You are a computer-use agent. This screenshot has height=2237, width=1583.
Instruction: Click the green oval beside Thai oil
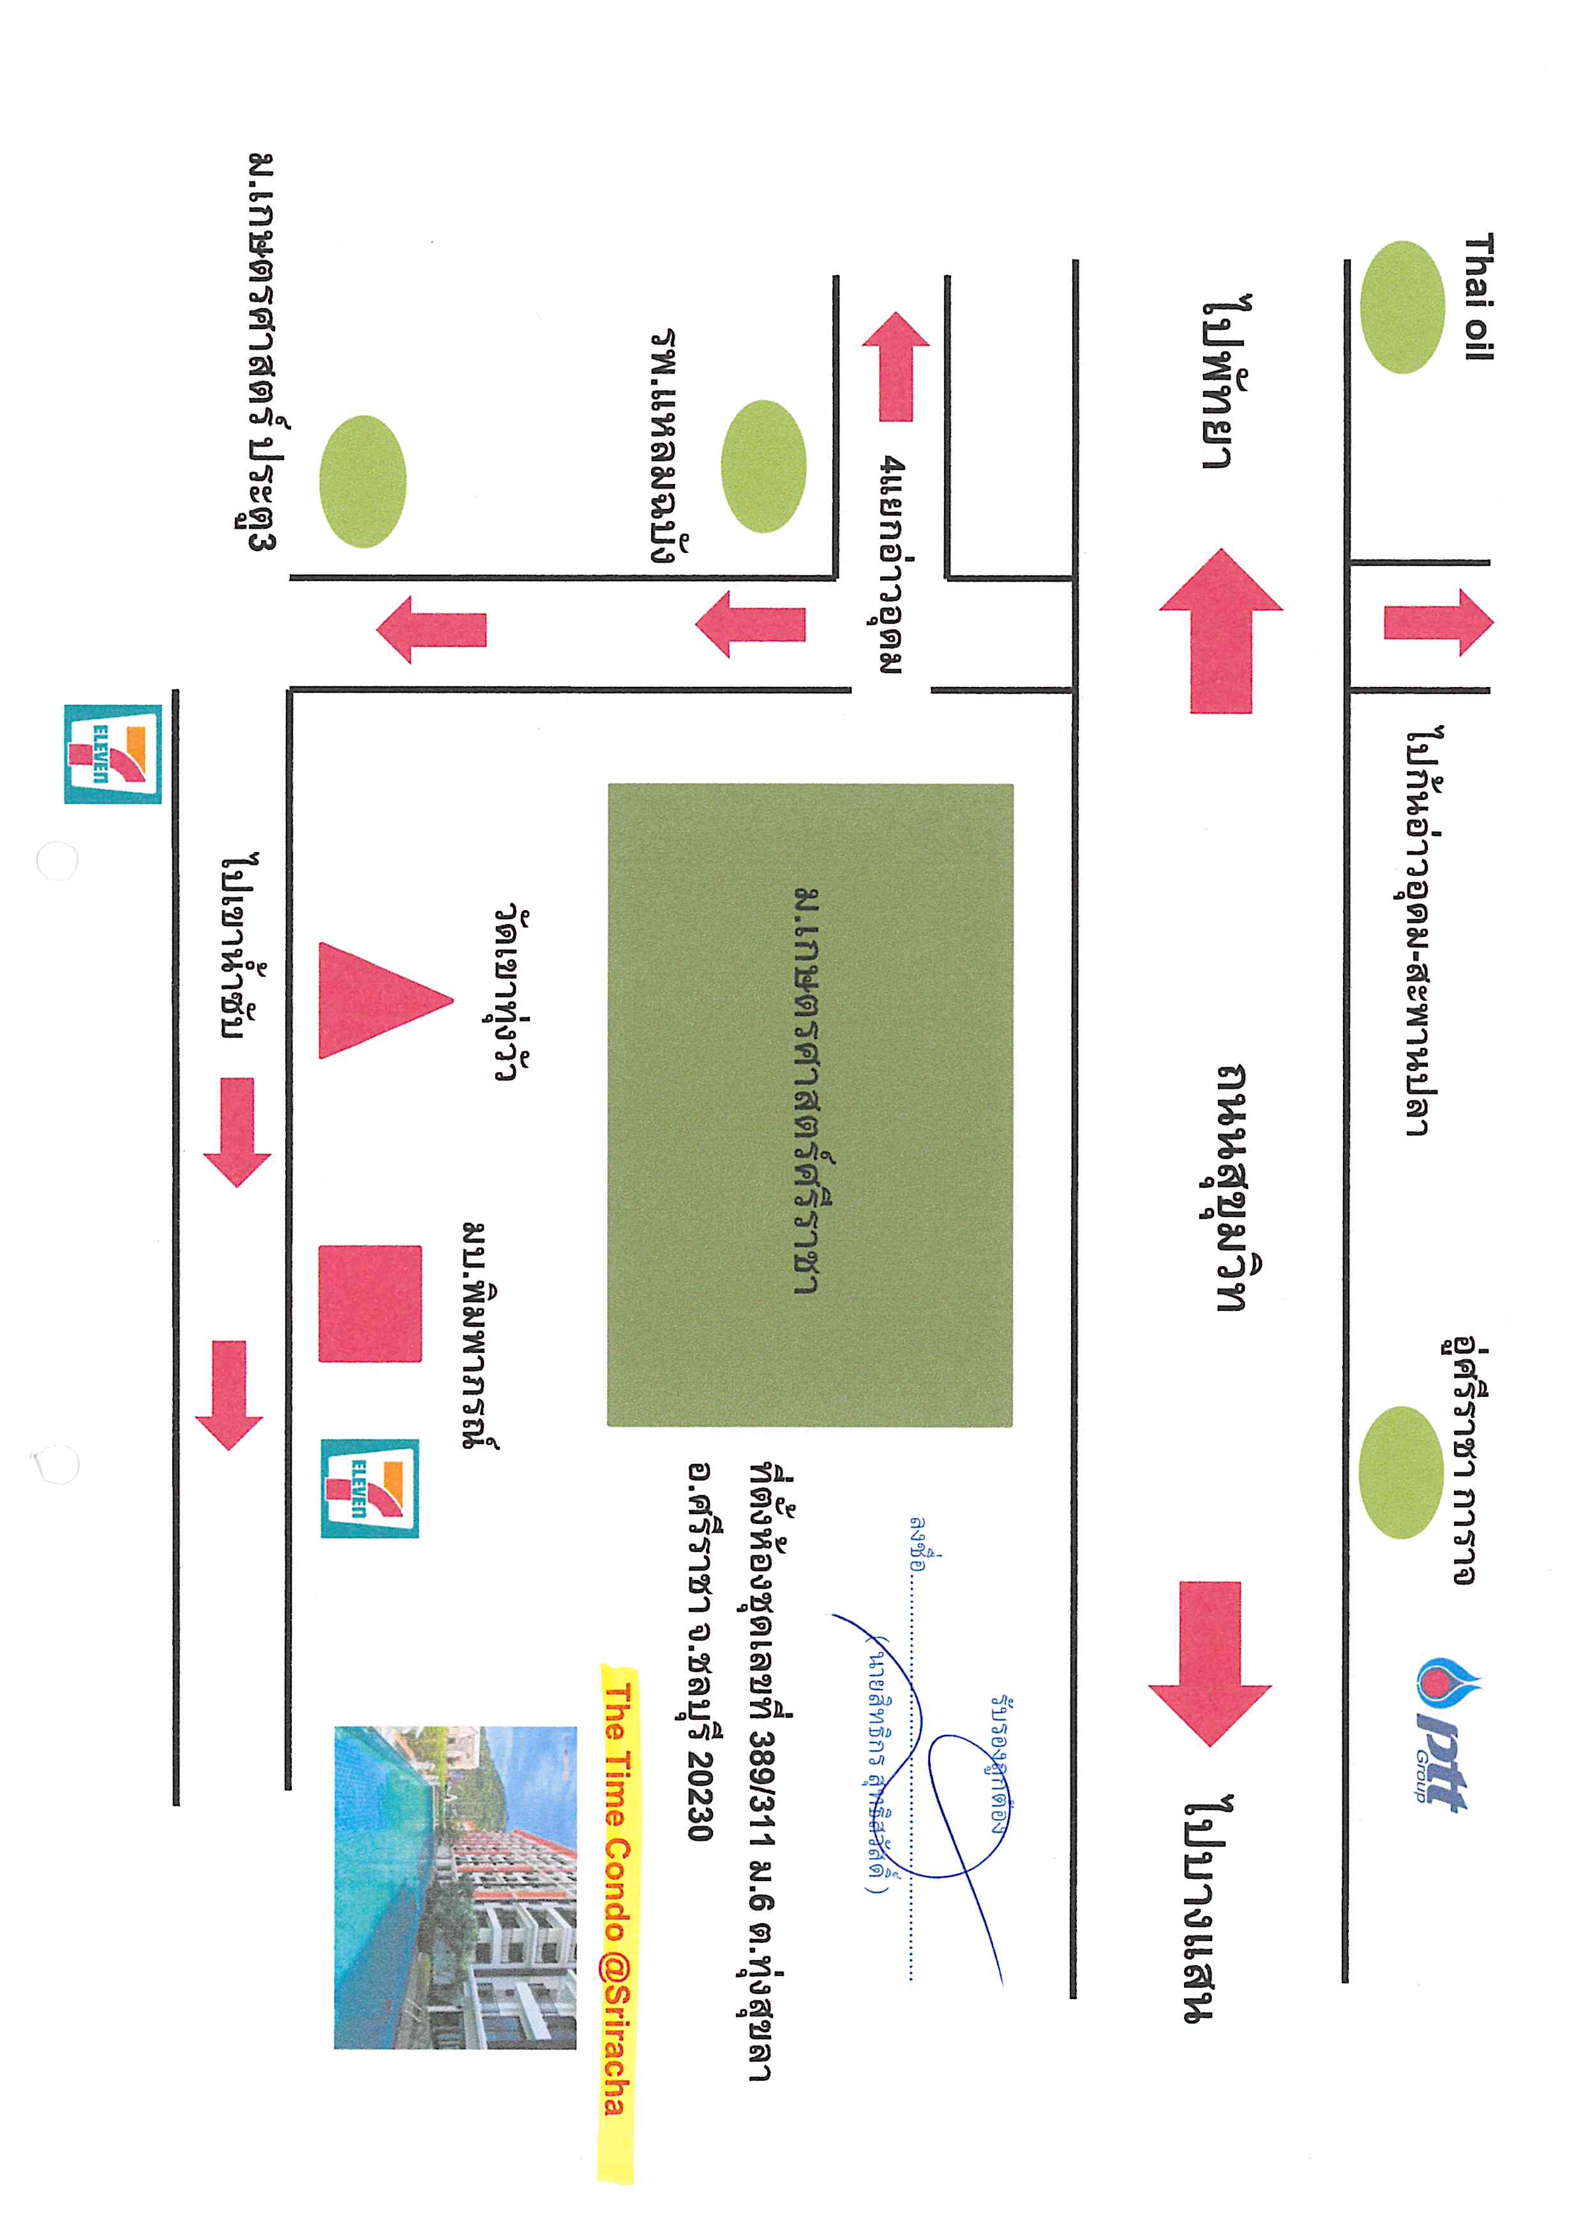coord(1402,307)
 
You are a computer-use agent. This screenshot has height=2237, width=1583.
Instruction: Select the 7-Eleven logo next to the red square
coord(370,1488)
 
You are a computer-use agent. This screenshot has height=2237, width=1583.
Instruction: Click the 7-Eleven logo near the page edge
coord(113,754)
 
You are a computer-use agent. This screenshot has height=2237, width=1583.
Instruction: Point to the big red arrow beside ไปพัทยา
coord(1220,630)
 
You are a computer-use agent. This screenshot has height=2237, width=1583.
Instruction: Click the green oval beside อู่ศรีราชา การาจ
coord(1400,1472)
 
